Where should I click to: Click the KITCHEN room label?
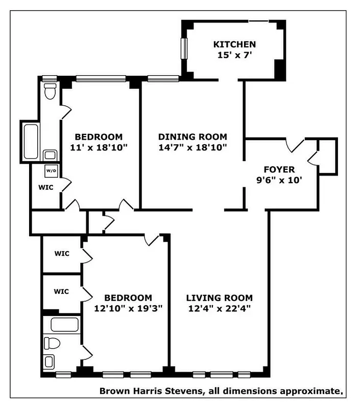click(234, 44)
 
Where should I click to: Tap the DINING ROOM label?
click(193, 137)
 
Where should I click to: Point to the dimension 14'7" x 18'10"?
click(193, 147)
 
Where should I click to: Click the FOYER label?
click(279, 169)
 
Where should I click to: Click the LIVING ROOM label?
click(219, 298)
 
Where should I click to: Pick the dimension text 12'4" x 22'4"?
click(219, 308)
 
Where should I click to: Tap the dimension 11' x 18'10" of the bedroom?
click(99, 147)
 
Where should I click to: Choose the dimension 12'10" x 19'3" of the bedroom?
click(128, 308)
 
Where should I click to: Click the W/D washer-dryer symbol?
click(51, 170)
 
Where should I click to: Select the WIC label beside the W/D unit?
click(45, 187)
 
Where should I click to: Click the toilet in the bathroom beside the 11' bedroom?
click(50, 92)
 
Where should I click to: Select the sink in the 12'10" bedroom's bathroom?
click(50, 362)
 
